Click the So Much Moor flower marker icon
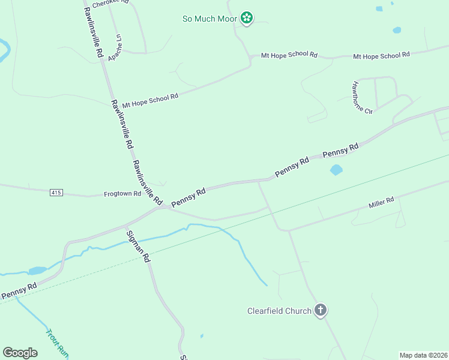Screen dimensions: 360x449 pos(246,19)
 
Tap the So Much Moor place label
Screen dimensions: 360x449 pos(209,19)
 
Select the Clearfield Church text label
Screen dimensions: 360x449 pos(279,311)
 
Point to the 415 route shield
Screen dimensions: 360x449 pos(56,193)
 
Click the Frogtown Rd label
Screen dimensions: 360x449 pos(122,194)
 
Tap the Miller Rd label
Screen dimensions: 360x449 pos(381,203)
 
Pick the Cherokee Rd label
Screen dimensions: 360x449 pos(110,2)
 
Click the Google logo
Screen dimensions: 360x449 pos(20,353)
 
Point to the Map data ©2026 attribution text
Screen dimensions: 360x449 pos(423,355)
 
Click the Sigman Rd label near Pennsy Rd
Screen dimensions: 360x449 pos(137,247)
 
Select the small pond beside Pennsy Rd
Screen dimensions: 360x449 pos(336,170)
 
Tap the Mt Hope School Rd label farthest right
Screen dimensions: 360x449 pos(381,55)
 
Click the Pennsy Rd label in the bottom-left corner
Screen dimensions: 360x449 pos(19,291)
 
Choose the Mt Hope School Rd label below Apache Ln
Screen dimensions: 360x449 pos(150,100)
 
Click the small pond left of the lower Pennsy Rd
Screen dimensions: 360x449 pos(37,271)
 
